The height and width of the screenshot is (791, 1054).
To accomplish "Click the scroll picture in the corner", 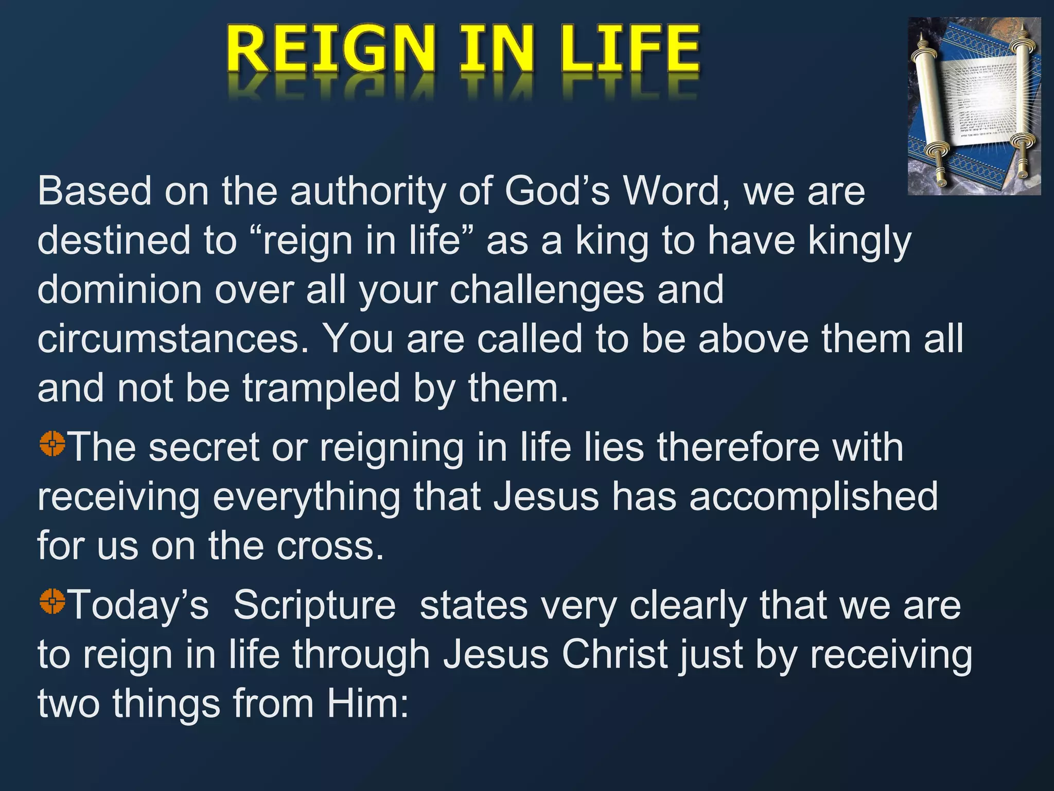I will pyautogui.click(x=974, y=106).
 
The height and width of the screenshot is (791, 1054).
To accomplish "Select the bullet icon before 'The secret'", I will pyautogui.click(x=52, y=443).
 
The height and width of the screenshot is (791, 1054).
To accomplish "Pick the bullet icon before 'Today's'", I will pyautogui.click(x=52, y=600).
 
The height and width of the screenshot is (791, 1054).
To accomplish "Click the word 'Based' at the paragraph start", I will pyautogui.click(x=94, y=191).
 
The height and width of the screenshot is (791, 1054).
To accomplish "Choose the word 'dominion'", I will pyautogui.click(x=119, y=289).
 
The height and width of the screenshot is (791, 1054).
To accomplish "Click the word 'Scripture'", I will pyautogui.click(x=314, y=605).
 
